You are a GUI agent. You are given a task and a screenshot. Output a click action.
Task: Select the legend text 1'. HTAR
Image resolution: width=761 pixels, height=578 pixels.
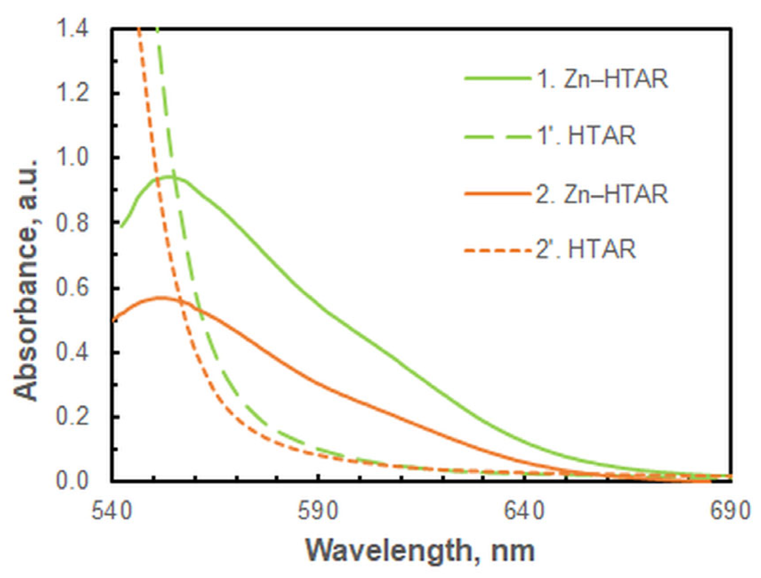pyautogui.click(x=587, y=135)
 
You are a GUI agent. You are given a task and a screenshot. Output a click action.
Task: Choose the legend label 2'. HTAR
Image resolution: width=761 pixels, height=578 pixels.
pyautogui.click(x=587, y=249)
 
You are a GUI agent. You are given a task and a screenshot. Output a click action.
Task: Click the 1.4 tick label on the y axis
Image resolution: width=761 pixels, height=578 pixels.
pyautogui.click(x=73, y=29)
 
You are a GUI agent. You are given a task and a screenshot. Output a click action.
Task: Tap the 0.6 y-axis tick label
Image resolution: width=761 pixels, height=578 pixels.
pyautogui.click(x=73, y=287)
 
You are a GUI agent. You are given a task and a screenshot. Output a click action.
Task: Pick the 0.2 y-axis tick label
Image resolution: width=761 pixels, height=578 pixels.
pyautogui.click(x=73, y=417)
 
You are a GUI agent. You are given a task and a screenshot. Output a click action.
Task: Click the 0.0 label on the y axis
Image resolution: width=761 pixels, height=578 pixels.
pyautogui.click(x=73, y=481)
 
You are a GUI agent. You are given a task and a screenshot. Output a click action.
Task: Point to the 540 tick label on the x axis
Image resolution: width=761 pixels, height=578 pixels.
pyautogui.click(x=112, y=511)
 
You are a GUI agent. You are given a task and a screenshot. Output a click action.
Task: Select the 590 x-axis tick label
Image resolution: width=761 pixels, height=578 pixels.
pyautogui.click(x=318, y=511)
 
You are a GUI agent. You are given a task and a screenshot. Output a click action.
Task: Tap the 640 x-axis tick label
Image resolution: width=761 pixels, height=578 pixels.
pyautogui.click(x=524, y=511)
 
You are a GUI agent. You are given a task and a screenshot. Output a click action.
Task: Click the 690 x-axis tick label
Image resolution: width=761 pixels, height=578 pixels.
pyautogui.click(x=730, y=511)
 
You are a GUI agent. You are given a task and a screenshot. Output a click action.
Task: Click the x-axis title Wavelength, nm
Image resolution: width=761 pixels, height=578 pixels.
pyautogui.click(x=420, y=551)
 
